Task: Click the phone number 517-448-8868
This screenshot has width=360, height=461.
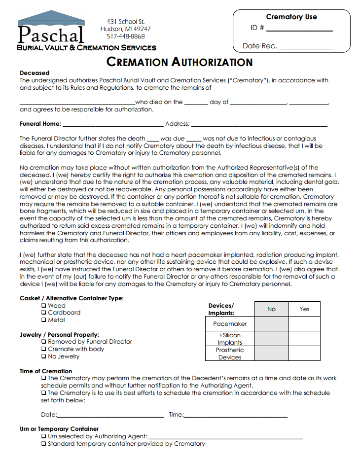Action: [126, 36]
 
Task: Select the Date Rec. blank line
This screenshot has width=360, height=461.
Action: [306, 47]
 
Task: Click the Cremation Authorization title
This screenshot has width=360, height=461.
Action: [180, 62]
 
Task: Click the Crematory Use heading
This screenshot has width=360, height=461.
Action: [291, 17]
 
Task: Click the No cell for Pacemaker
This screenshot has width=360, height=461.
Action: [272, 324]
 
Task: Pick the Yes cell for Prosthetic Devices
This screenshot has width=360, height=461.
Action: [304, 354]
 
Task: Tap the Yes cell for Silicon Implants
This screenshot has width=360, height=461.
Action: [304, 339]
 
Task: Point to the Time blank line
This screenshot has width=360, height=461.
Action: [235, 416]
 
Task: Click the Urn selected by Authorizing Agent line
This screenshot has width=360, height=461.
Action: [225, 437]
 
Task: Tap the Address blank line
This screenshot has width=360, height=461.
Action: [259, 125]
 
